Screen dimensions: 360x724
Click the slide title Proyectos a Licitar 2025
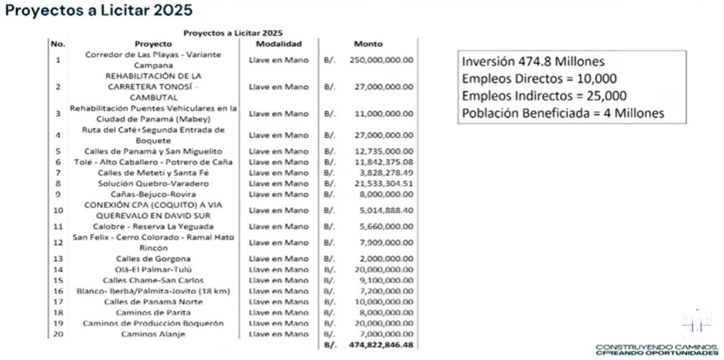[99, 10]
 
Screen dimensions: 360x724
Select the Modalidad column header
[278, 44]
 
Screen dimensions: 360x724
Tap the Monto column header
[368, 44]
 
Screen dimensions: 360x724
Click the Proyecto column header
[153, 44]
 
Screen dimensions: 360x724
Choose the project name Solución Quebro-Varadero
[153, 183]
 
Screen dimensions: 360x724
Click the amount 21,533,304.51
[381, 183]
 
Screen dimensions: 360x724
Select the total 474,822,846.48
[381, 346]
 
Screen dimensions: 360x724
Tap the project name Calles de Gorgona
[153, 259]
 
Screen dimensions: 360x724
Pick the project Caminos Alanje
[153, 334]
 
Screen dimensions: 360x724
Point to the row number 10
[58, 210]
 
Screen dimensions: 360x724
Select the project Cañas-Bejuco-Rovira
[153, 194]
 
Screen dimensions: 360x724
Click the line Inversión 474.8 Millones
[533, 62]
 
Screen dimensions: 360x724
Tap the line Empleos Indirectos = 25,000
[544, 96]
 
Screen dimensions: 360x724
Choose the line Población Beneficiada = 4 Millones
[563, 113]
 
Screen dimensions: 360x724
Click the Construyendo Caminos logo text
[656, 349]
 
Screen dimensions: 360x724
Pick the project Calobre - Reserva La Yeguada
[153, 227]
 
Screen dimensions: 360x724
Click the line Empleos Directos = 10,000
[539, 78]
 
